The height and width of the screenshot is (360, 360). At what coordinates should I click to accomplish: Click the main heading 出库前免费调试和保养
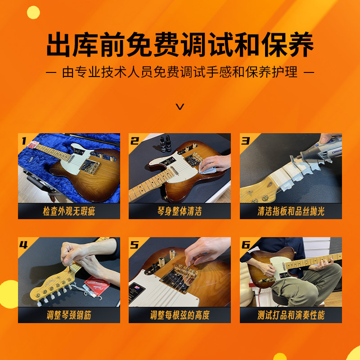pyautogui.click(x=180, y=44)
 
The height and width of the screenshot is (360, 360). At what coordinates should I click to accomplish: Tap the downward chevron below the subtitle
pyautogui.click(x=180, y=107)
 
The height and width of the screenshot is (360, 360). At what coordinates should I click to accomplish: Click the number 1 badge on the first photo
pyautogui.click(x=23, y=141)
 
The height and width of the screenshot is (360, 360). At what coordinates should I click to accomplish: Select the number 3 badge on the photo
pyautogui.click(x=245, y=141)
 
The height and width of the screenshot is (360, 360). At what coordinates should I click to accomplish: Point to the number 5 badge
pyautogui.click(x=135, y=245)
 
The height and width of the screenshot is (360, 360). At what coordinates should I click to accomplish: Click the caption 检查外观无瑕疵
pyautogui.click(x=69, y=211)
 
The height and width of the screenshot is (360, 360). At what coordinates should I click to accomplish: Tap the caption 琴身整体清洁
pyautogui.click(x=180, y=211)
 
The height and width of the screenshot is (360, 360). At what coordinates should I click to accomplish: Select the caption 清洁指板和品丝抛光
pyautogui.click(x=291, y=211)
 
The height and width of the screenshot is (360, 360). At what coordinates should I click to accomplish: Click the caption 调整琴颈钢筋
pyautogui.click(x=69, y=315)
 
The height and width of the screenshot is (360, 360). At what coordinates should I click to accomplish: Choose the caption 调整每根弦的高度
pyautogui.click(x=180, y=315)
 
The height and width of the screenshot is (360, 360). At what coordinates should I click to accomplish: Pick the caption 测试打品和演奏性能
pyautogui.click(x=291, y=315)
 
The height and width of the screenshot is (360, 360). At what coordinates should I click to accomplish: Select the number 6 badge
pyautogui.click(x=246, y=245)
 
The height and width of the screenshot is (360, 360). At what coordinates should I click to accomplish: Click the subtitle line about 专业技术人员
pyautogui.click(x=180, y=72)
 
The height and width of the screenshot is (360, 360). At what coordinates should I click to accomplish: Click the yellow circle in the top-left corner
pyautogui.click(x=33, y=12)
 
